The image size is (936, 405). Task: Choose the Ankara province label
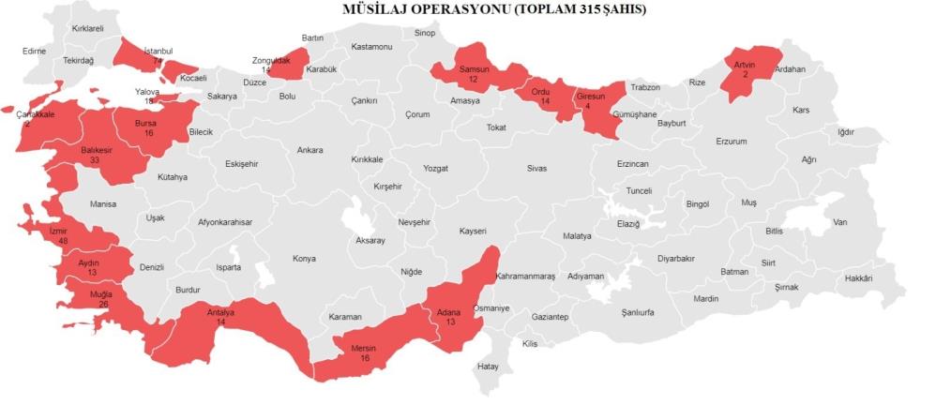309,150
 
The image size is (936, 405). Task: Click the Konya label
304,259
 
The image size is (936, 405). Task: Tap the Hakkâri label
858,278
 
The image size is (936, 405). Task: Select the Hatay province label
489,366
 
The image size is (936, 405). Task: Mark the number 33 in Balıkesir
96,159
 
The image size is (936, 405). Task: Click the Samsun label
475,70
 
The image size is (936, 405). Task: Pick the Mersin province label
363,349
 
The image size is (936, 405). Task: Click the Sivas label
536,169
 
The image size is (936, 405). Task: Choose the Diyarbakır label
677,257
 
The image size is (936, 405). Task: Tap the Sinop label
425,34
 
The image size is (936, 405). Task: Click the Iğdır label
845,132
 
